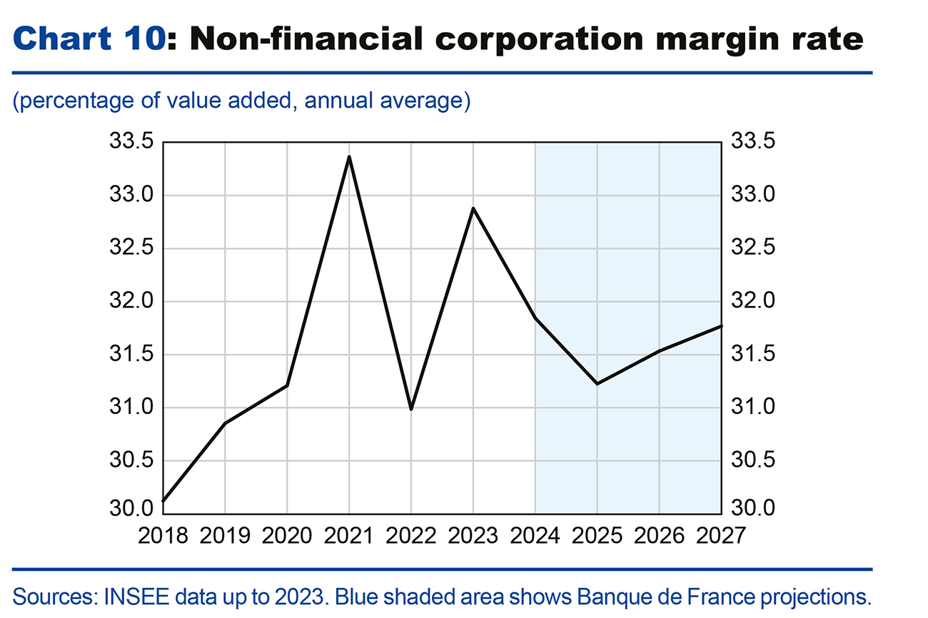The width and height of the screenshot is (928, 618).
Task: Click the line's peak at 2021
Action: point(349,156)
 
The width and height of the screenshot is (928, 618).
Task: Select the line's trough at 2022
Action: point(411,410)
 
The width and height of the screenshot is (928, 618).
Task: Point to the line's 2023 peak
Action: point(473,208)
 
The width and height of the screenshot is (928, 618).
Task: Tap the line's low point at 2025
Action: point(597,384)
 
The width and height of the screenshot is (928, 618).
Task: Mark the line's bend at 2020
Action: point(287,385)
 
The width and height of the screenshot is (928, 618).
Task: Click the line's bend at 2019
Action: point(226,423)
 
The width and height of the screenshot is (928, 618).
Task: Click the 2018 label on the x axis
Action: point(163,535)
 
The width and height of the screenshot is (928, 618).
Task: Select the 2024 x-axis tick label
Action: point(535,535)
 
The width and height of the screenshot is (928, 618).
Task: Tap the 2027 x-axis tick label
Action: point(720,535)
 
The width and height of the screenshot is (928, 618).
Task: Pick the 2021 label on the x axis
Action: point(349,535)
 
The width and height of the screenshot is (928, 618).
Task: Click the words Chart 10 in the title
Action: point(89,39)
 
